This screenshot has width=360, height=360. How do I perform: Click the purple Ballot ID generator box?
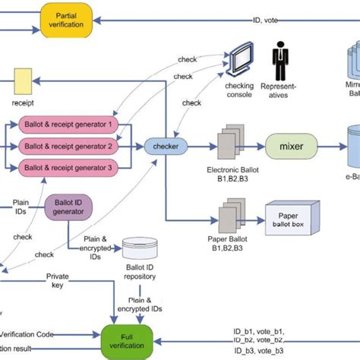point(69,207)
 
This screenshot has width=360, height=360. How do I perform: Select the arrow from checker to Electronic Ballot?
point(199,144)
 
